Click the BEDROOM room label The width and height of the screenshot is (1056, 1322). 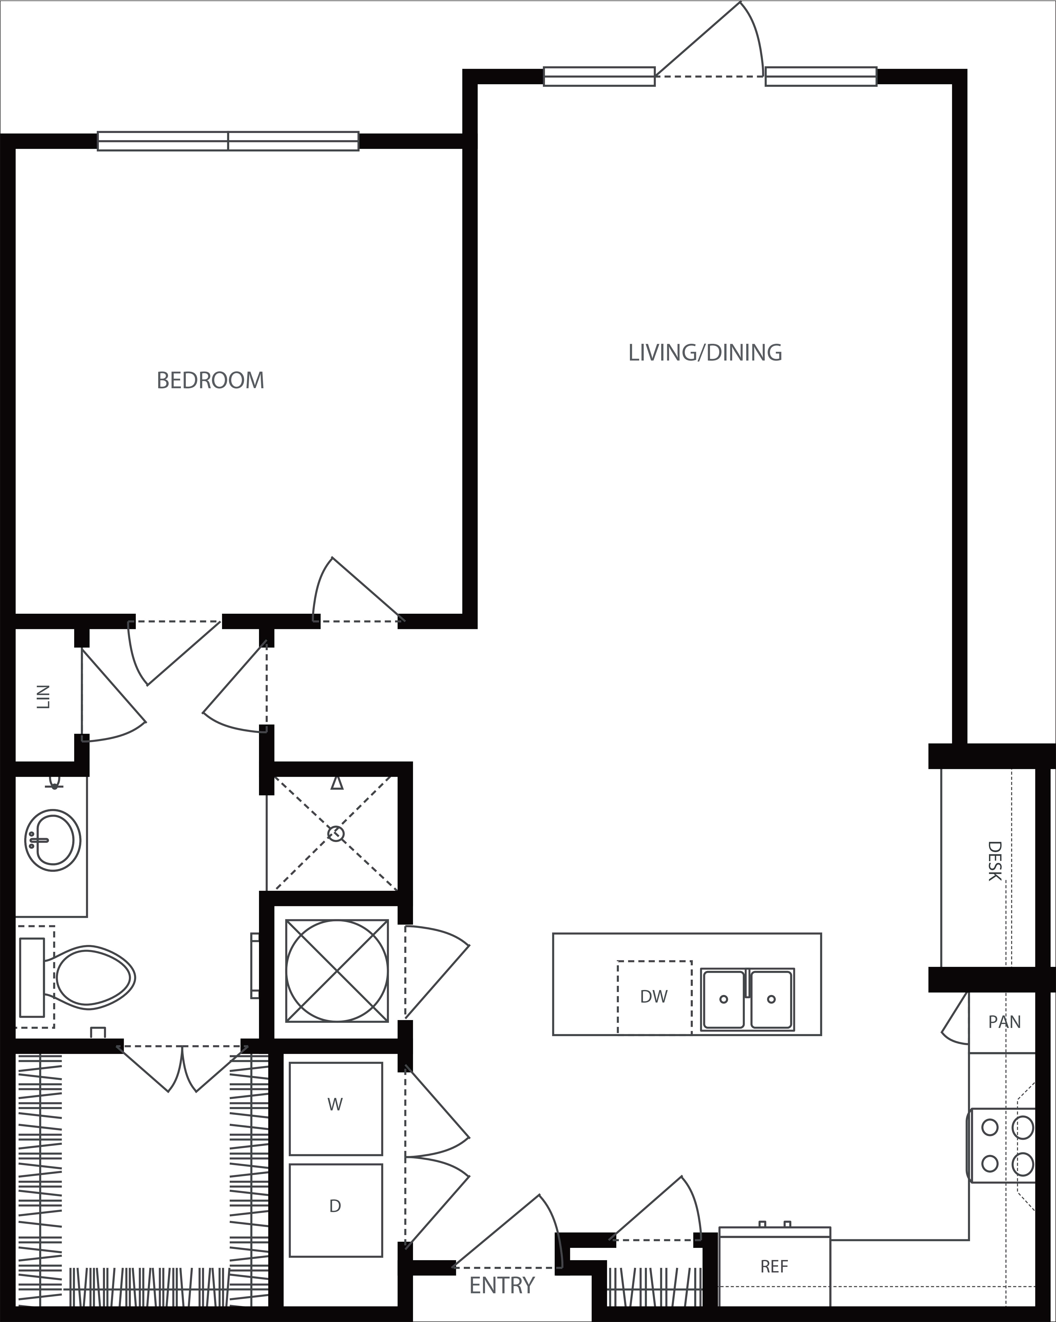[x=210, y=381]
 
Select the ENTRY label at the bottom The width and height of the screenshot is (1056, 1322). [x=502, y=1280]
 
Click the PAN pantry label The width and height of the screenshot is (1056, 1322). [x=1004, y=1022]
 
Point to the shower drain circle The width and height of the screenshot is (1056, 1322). [x=336, y=833]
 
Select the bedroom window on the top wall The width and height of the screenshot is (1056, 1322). [x=228, y=141]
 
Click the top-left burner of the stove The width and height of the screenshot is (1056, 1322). [x=989, y=1127]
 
